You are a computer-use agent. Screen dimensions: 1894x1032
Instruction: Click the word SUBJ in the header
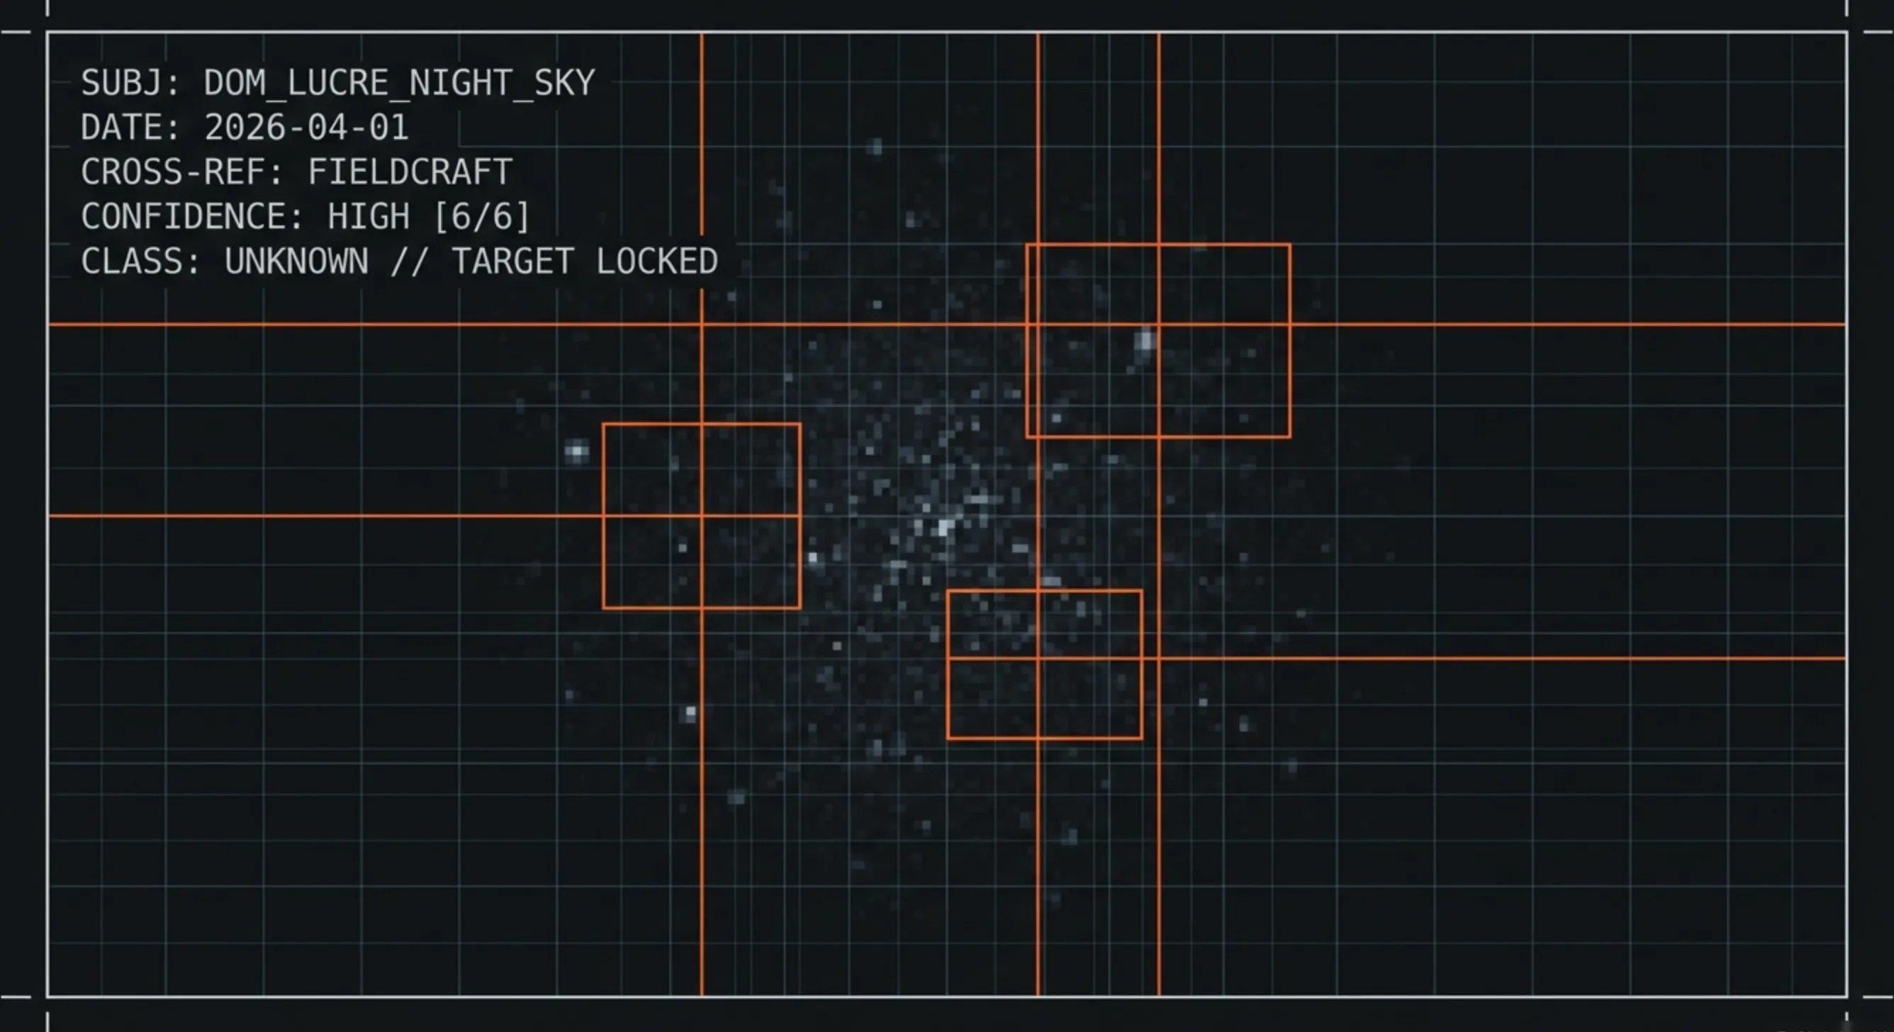(122, 83)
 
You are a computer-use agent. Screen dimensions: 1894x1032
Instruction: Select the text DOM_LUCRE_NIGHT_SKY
(398, 83)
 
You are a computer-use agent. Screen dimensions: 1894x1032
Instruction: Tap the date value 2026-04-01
(306, 128)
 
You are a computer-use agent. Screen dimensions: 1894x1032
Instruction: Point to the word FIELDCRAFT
(410, 173)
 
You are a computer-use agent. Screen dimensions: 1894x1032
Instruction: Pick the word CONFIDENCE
(193, 218)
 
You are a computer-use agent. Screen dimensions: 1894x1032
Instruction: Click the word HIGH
(369, 218)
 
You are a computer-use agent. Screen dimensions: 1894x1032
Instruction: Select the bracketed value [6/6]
(481, 218)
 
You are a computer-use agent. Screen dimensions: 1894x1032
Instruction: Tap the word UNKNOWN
(296, 262)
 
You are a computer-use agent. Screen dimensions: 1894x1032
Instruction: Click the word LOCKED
(656, 262)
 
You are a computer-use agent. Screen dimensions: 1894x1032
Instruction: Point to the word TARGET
(512, 262)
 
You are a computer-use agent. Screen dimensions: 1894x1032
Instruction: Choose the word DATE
(122, 128)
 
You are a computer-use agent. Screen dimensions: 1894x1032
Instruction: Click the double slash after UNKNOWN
(409, 262)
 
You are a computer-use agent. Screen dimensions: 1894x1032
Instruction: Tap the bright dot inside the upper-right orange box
(1145, 341)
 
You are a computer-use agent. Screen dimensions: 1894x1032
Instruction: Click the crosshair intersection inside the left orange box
(702, 517)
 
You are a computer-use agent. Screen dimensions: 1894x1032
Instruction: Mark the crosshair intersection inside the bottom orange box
(1038, 658)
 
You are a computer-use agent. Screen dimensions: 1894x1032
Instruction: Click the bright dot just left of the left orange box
(577, 451)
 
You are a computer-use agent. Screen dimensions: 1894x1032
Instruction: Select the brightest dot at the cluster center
(944, 527)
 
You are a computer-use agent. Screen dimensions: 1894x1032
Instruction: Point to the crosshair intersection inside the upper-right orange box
(1159, 324)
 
